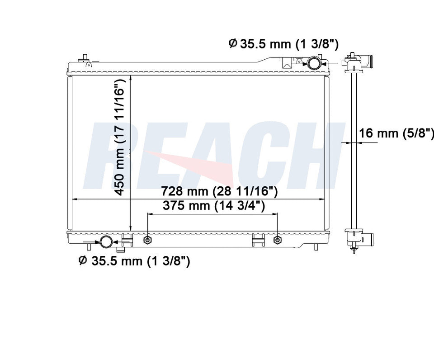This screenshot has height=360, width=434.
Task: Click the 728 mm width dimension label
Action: [219, 191]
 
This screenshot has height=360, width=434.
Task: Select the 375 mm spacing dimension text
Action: [214, 205]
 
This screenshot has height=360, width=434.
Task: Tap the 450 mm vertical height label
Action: [120, 137]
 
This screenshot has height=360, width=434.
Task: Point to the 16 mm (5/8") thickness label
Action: [396, 133]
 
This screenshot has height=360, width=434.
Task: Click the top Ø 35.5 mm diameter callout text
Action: [284, 43]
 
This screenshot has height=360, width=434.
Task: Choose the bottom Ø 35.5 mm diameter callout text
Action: [134, 261]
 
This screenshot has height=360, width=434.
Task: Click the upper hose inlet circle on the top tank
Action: [314, 63]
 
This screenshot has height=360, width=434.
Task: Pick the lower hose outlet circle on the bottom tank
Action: [106, 242]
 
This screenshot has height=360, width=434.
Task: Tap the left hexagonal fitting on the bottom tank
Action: [147, 240]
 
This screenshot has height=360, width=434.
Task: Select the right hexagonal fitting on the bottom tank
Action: [277, 240]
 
